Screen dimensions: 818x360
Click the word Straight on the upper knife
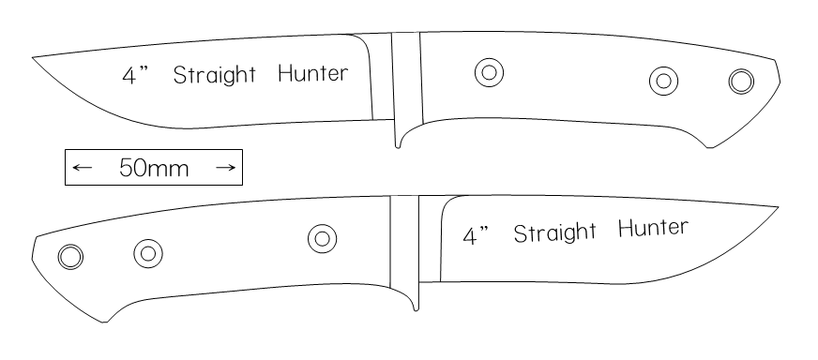tap(215, 75)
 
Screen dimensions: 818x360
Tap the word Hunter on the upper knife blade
tap(313, 73)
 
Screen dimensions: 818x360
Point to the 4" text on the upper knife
tap(135, 75)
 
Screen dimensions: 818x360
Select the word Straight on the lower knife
tap(554, 232)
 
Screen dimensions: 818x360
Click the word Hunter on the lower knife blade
tap(653, 229)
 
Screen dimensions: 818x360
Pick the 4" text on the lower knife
tap(476, 235)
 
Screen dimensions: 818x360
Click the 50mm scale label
tap(154, 168)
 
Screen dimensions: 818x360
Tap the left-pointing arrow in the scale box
tap(82, 168)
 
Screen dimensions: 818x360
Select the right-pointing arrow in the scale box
tap(225, 168)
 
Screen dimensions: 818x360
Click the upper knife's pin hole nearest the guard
tap(490, 72)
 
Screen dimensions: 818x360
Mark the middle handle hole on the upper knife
tap(663, 81)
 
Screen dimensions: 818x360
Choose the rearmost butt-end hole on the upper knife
tap(741, 82)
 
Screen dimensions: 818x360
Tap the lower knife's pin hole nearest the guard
tap(323, 238)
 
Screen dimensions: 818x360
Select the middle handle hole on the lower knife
tap(148, 253)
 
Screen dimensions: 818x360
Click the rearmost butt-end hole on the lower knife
tap(70, 257)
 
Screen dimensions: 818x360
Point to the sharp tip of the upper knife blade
tap(33, 57)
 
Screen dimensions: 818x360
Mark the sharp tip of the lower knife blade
tap(779, 207)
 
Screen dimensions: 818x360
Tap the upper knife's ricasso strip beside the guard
tap(382, 78)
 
